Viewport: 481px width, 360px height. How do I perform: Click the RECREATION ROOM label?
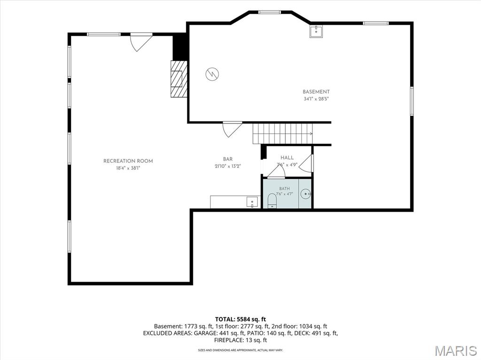tap(128, 161)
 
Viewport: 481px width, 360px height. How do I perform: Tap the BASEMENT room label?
tap(316, 92)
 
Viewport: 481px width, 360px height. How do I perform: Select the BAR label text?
tap(228, 159)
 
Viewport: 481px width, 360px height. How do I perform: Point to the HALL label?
tap(287, 158)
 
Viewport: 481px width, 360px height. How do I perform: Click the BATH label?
tap(284, 189)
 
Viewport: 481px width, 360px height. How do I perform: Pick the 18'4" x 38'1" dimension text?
tap(128, 168)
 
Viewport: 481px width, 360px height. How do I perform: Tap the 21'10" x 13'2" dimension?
tap(228, 166)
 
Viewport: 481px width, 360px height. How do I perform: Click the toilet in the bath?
tap(272, 201)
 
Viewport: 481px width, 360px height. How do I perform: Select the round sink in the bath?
tap(305, 194)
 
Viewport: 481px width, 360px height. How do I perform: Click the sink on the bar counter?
tap(252, 202)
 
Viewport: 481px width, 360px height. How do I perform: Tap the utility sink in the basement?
tap(316, 31)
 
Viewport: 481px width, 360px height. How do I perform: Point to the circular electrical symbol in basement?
tap(212, 74)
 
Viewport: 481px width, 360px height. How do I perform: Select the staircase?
tap(282, 134)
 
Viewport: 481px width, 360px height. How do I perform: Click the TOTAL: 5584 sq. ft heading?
tap(240, 319)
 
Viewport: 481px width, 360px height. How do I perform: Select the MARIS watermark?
tap(456, 351)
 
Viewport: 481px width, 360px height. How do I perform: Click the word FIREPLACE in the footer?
tap(228, 340)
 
